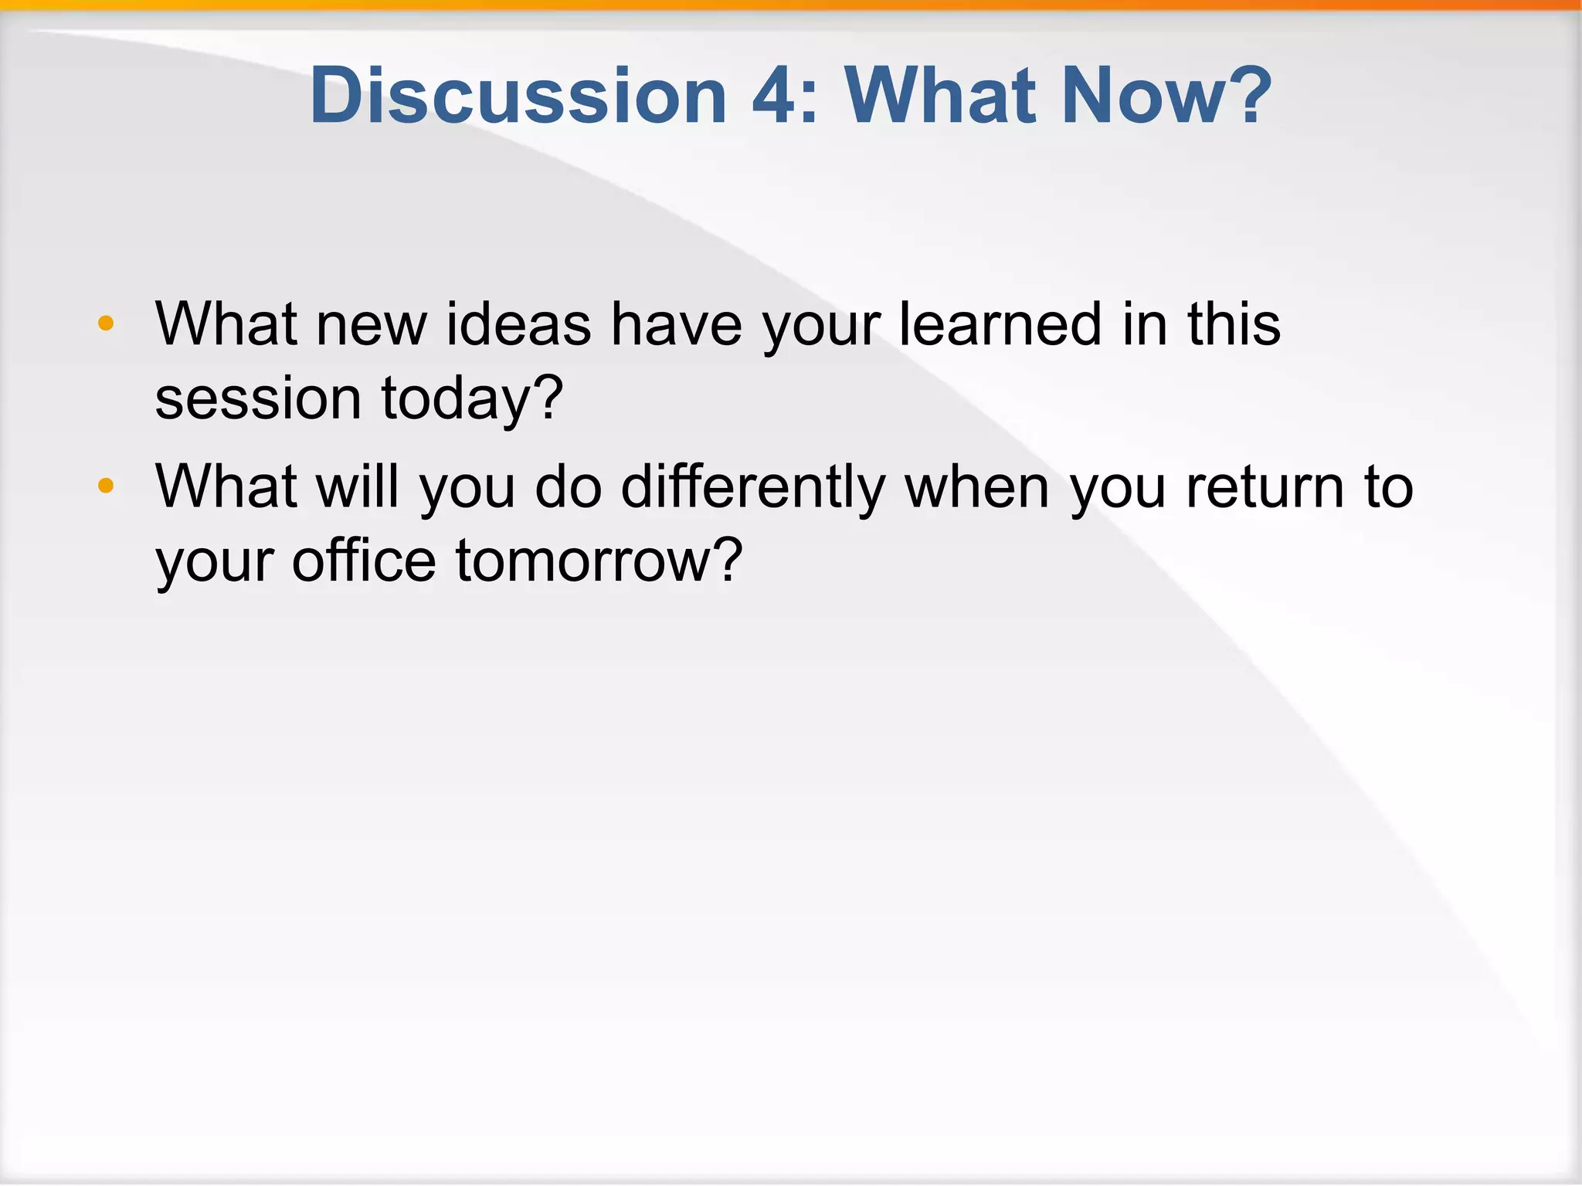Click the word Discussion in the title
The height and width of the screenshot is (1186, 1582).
pos(518,96)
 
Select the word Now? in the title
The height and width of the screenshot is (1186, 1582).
pos(1166,96)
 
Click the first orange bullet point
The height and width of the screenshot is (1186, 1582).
pos(106,324)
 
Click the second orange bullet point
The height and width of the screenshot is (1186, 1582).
pos(106,486)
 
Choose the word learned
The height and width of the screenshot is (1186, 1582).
pos(1000,324)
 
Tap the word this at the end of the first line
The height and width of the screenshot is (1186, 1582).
pos(1234,324)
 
